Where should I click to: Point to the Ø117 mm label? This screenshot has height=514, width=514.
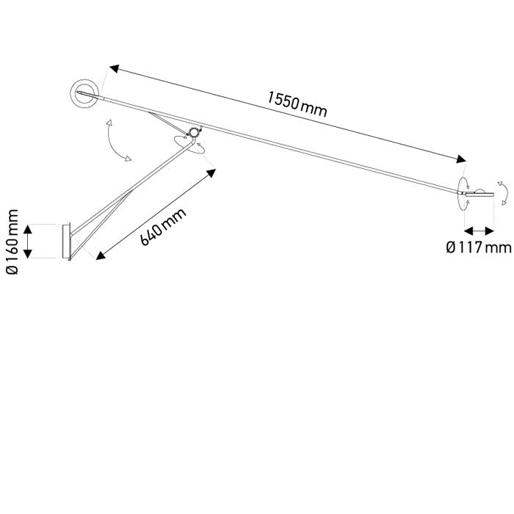(478, 247)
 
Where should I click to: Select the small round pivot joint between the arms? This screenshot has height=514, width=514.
(194, 132)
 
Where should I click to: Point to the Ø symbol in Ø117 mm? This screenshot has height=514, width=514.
(452, 247)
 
